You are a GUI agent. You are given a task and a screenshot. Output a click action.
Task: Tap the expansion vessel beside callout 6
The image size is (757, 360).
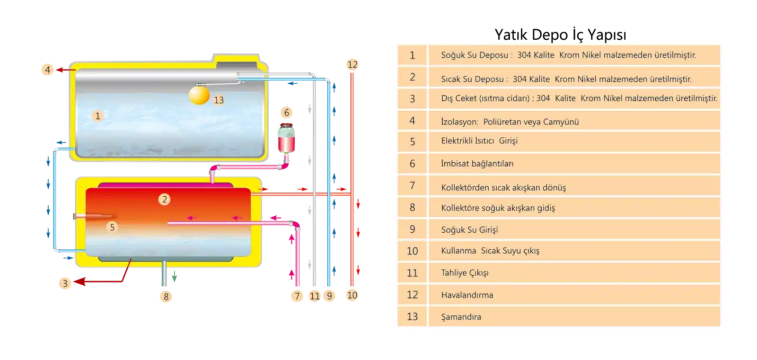coord(286,138)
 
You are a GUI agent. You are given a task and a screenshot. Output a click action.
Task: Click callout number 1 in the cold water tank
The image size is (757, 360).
coord(97,116)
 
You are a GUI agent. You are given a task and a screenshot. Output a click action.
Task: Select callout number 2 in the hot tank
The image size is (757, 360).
coord(164,200)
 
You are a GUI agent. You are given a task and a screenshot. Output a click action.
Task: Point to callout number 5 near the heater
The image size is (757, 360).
coord(112,227)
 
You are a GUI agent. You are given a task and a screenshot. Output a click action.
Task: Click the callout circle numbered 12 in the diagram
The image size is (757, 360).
coord(352,64)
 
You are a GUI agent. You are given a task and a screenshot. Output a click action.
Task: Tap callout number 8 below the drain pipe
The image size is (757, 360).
coord(166,297)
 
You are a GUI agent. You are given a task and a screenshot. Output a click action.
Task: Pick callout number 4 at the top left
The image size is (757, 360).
coord(48,70)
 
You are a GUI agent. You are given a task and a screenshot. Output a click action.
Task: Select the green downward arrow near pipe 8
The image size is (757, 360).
coord(175,276)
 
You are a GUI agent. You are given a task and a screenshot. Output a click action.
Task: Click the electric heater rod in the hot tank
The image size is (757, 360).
coord(95,216)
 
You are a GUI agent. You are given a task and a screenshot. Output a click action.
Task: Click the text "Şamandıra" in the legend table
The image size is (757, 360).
coord(461,317)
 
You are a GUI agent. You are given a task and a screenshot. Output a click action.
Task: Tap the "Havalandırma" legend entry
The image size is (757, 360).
coord(467,295)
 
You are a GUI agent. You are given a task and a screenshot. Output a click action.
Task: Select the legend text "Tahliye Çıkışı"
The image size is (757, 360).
coord(465,273)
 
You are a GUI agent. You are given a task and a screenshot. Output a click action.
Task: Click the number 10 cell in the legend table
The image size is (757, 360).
coord(412,251)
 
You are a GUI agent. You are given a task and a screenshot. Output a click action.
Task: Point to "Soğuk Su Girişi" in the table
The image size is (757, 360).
coord(469,229)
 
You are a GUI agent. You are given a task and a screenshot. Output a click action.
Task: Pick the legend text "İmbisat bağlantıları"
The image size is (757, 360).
coord(477,164)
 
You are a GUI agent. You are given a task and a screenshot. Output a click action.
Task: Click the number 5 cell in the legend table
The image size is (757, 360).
coord(412,141)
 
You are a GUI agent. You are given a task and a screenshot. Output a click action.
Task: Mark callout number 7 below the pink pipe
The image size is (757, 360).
coord(297,296)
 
